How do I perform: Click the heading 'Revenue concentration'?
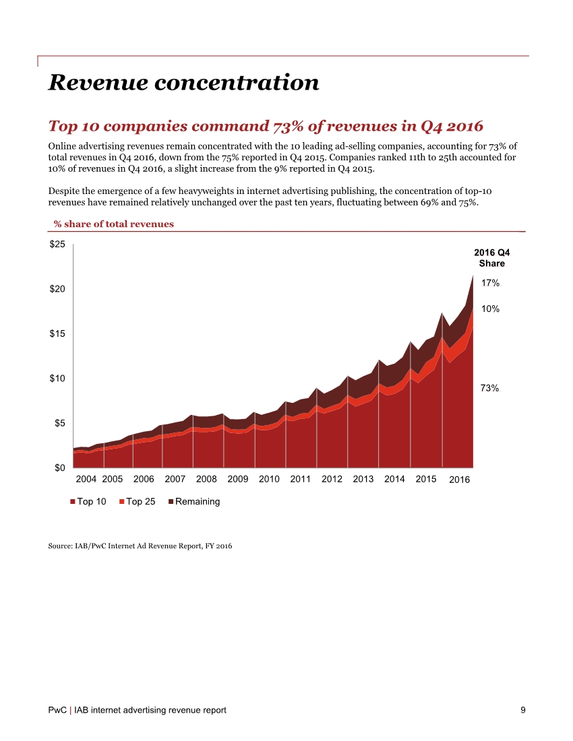[183, 82]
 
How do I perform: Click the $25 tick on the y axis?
[57, 245]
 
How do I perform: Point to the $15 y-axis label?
[57, 333]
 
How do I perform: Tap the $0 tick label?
[59, 468]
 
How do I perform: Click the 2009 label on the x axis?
[238, 480]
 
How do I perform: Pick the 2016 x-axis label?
[459, 480]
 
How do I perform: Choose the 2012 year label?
[332, 480]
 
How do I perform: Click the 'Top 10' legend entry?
[88, 502]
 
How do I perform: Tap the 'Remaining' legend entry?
[194, 502]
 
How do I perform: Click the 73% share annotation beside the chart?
[489, 389]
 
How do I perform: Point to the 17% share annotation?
[489, 284]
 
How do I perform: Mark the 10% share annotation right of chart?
[489, 309]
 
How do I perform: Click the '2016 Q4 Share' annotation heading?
[491, 258]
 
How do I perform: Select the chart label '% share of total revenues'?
[113, 224]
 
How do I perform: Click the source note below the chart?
[140, 546]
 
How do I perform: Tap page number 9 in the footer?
[523, 710]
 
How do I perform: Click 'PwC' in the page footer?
[57, 710]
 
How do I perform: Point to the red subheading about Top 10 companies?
[266, 127]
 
